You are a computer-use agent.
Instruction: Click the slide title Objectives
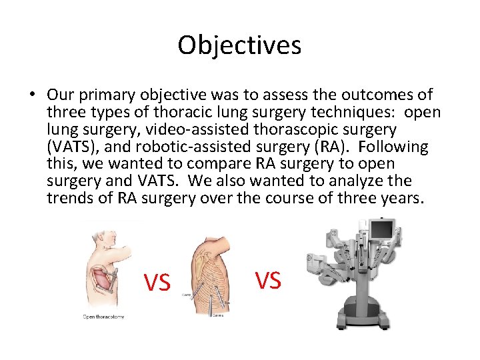[x=239, y=45]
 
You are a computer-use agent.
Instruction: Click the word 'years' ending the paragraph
[x=399, y=198]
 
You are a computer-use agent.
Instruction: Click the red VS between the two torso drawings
[x=157, y=283]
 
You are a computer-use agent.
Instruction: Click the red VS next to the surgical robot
[x=268, y=281]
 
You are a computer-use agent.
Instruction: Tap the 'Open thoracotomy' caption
[x=103, y=317]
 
